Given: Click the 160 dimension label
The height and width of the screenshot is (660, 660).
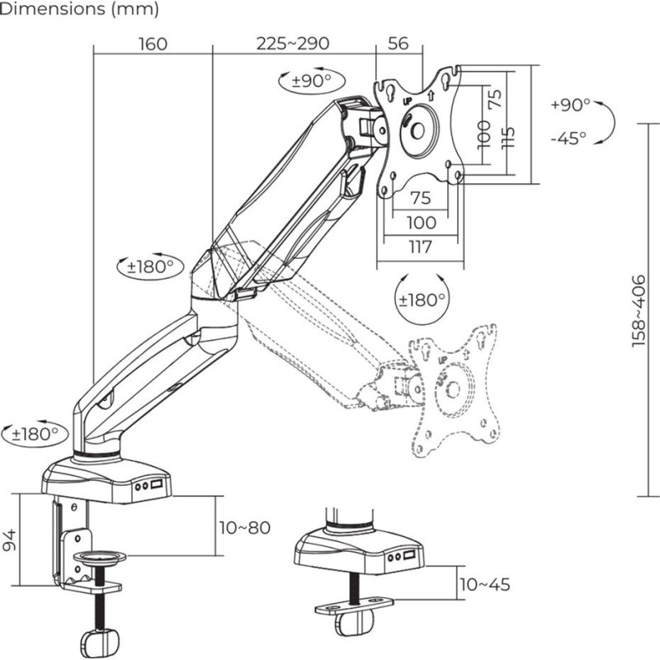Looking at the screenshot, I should click(x=153, y=44).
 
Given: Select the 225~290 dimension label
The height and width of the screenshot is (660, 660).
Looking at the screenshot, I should click(x=293, y=44).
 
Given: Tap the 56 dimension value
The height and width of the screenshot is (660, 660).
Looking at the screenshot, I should click(x=398, y=44).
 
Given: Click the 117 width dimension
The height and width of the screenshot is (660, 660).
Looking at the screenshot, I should click(x=420, y=245).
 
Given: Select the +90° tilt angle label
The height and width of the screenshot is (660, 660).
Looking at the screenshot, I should click(x=570, y=106).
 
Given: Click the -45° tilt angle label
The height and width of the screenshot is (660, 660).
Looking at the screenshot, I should click(x=568, y=138).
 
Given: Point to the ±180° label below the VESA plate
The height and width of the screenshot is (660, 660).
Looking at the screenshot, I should click(x=422, y=299).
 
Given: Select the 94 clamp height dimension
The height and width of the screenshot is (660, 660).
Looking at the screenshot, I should click(x=10, y=540).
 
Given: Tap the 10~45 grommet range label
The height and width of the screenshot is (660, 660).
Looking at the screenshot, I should click(x=484, y=585).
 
